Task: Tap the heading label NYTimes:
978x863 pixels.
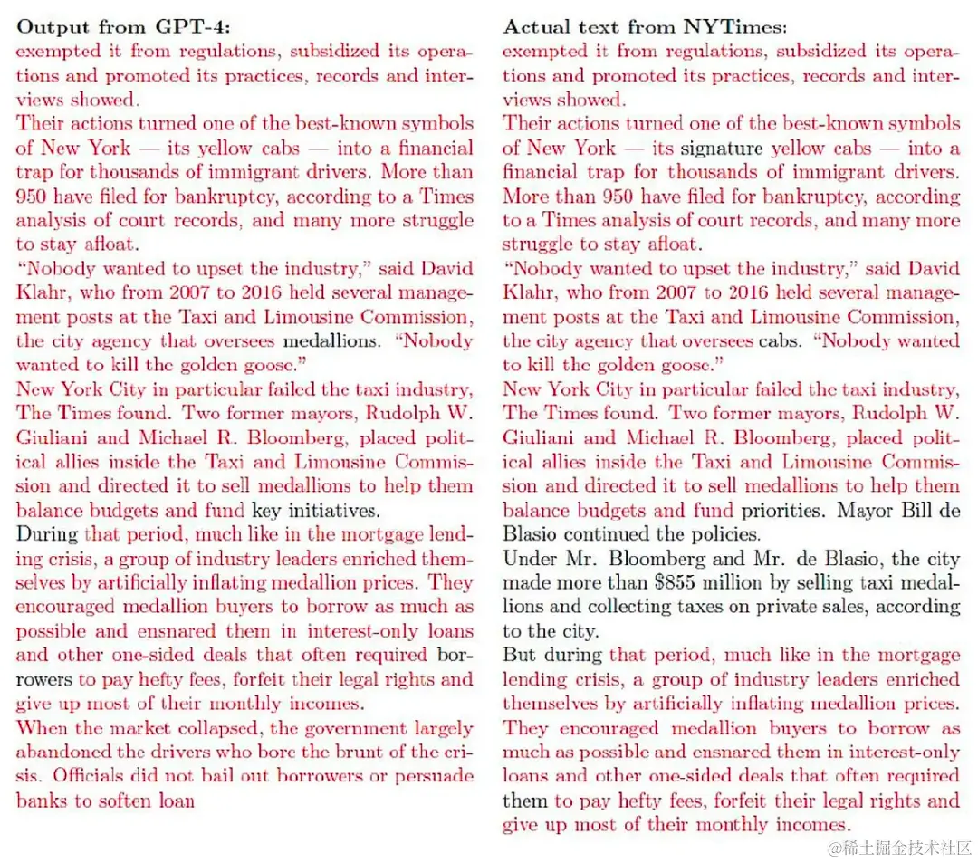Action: (732, 27)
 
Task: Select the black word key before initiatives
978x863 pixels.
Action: (267, 510)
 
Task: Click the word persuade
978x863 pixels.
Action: (433, 775)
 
